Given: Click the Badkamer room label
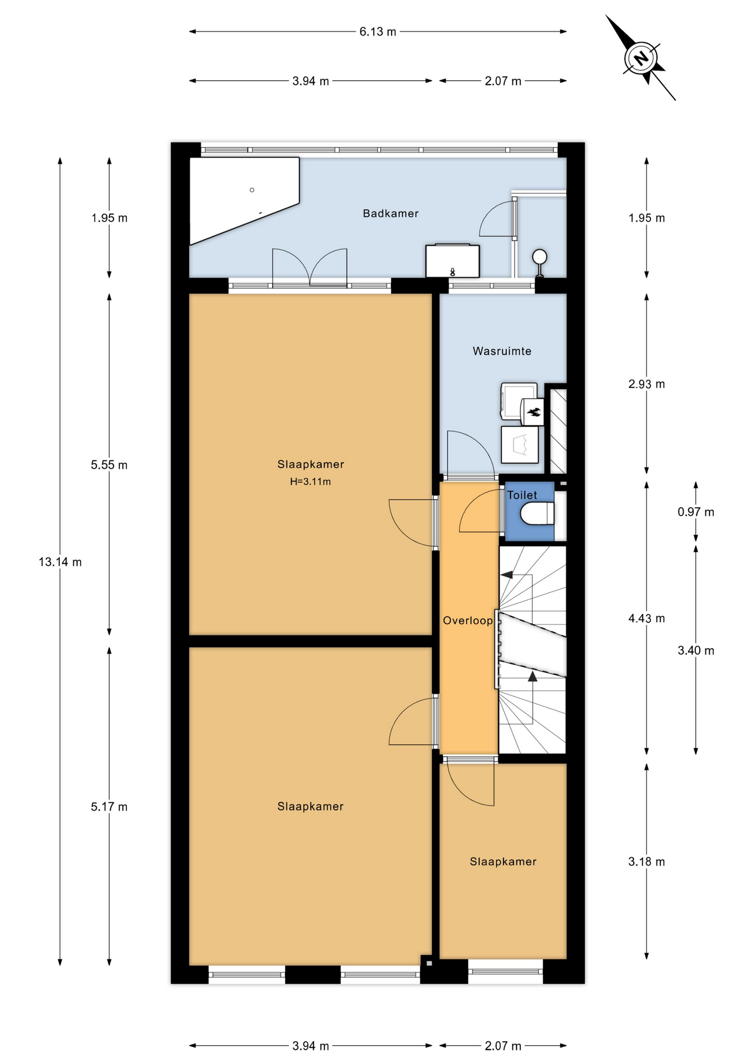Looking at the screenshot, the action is point(390,213).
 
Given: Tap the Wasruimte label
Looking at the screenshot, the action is point(502,351).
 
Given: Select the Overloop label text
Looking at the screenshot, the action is point(467,621).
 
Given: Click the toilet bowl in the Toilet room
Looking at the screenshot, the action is point(537,513).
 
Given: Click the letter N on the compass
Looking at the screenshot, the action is point(641,58).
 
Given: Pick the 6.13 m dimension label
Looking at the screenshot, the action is point(378,32).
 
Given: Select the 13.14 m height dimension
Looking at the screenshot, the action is point(60,562).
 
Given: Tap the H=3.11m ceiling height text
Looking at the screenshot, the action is point(311,482).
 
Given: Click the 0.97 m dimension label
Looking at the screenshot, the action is point(696,512).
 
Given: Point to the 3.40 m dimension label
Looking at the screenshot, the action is point(696,651).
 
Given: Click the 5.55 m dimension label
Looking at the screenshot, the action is point(109,465).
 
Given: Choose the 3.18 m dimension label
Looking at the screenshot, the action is point(647,862).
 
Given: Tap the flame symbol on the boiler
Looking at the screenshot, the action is point(535,412).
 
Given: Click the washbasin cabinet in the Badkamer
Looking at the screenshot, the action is point(452,260).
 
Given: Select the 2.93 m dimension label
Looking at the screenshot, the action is point(647,384).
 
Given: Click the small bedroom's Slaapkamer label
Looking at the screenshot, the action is point(503,862).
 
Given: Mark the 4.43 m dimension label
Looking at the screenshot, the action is point(647,618).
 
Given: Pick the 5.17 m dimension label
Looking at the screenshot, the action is point(109,807).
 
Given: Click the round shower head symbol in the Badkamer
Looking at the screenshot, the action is point(540,257).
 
